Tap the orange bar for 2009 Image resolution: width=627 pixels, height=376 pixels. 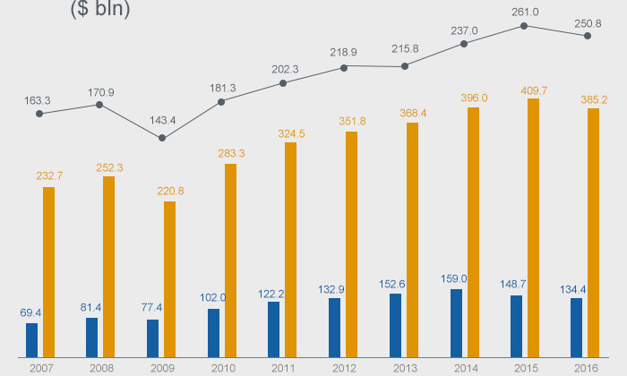pos(169,277)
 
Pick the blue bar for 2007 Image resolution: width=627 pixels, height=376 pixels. pos(32,338)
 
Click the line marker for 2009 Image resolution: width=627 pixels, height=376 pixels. pos(162,138)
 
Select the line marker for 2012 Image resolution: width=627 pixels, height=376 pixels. pos(344,66)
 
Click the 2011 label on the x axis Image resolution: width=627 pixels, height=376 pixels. pos(283,367)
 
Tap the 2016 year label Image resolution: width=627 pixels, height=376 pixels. pos(586,367)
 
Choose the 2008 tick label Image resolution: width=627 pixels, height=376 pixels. pos(101,367)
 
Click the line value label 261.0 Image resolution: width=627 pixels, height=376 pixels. pos(524,13)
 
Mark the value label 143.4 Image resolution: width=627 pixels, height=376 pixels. pos(162,120)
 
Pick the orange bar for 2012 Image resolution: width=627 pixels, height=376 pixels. pos(351,242)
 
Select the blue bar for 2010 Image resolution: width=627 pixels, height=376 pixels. pos(213,330)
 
